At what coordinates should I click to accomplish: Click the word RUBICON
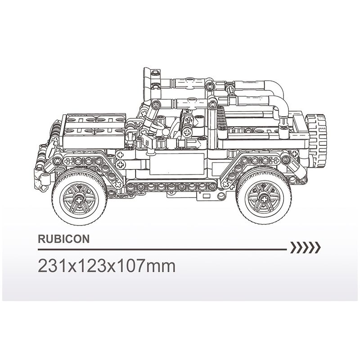click(63, 239)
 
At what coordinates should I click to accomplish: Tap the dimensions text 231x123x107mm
click(107, 265)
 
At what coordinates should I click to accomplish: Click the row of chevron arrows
click(306, 247)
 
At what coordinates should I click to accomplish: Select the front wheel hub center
click(79, 199)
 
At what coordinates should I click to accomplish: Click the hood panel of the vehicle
click(94, 131)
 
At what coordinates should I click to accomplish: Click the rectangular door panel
click(177, 164)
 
